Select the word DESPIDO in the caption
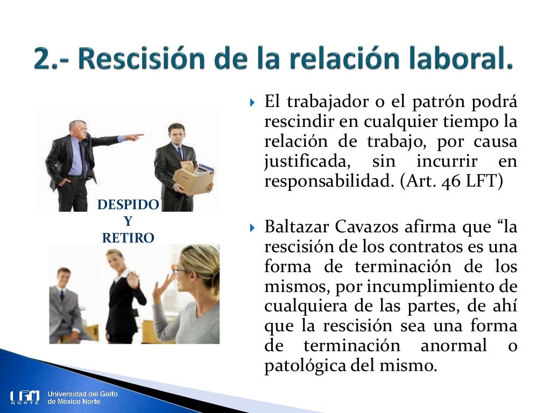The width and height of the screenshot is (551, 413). [128, 205]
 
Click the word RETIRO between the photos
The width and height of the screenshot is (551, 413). [128, 238]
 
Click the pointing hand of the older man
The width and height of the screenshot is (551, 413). [135, 137]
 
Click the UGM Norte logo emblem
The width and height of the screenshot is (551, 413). [25, 397]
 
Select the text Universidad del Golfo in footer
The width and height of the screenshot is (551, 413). [82, 394]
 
